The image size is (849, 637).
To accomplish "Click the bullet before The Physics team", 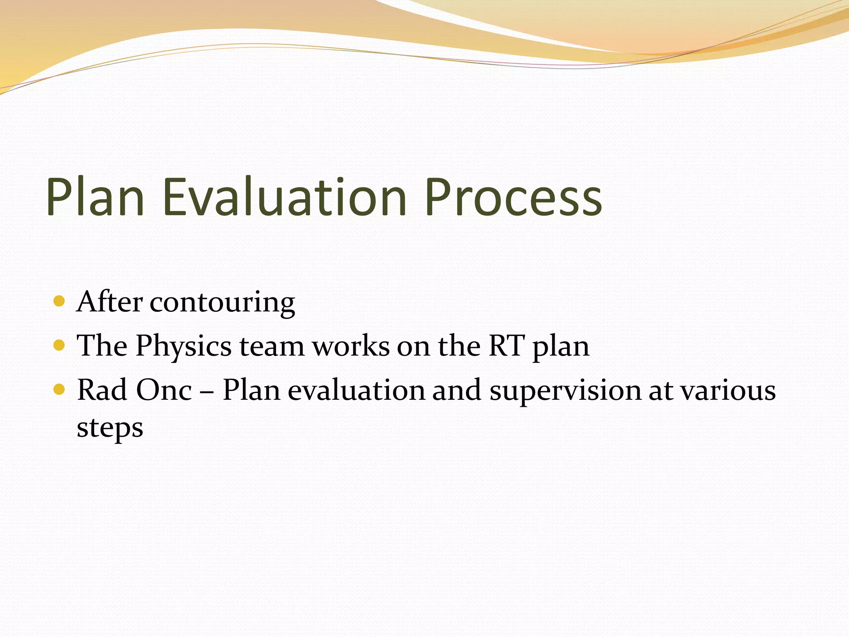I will tap(59, 345).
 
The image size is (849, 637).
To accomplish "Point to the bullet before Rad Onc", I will tap(59, 389).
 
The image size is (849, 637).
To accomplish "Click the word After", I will tap(110, 301).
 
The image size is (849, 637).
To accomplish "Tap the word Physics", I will tap(184, 346).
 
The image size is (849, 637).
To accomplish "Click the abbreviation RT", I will tap(507, 345).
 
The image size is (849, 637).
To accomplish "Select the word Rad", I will tap(102, 390).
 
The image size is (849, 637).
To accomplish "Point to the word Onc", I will tap(164, 390).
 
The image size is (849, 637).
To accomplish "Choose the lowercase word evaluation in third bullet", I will tap(357, 390).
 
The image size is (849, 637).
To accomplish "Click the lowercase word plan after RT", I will tap(560, 348).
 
